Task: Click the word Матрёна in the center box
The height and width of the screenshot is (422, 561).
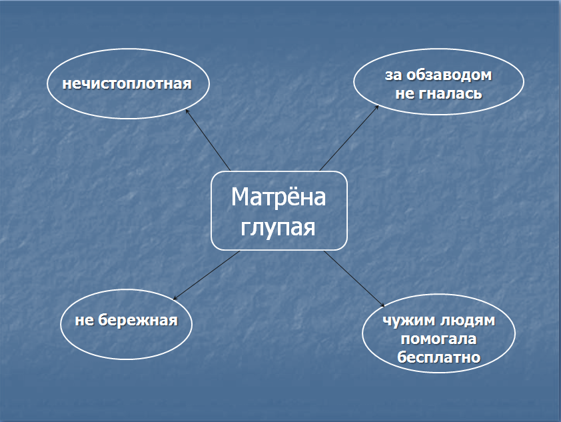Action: click(x=279, y=197)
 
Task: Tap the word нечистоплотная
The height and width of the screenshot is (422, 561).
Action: click(x=127, y=83)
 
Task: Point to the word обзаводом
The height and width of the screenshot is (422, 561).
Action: click(x=449, y=75)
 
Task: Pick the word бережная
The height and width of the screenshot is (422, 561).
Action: click(x=138, y=319)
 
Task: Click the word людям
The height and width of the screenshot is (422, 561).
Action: click(x=467, y=321)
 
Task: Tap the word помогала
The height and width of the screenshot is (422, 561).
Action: click(x=438, y=339)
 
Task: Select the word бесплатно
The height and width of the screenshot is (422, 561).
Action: click(x=438, y=357)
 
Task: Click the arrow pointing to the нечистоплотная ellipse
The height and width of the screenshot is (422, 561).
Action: click(x=208, y=140)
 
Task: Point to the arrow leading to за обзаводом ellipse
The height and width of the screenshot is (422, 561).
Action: click(x=349, y=138)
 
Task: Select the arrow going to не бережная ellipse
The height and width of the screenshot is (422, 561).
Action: click(x=207, y=275)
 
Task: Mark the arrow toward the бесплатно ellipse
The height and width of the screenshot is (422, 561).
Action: click(x=354, y=279)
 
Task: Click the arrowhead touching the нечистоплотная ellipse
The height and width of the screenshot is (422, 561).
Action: click(x=187, y=112)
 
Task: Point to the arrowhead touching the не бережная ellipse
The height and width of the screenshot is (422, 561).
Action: click(x=175, y=298)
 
